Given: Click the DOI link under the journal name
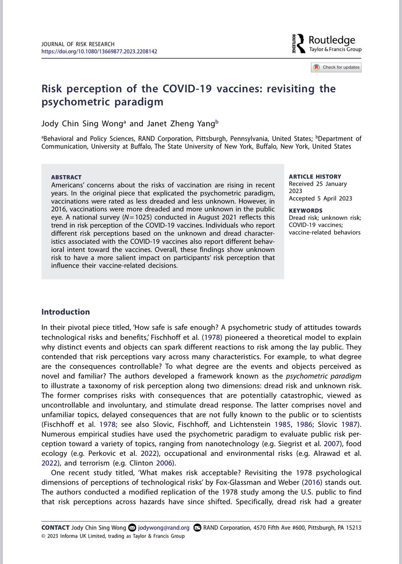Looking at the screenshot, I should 99,51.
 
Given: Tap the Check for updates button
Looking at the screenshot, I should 336,67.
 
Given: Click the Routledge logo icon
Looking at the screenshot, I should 298,44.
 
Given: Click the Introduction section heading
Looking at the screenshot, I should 66,312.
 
